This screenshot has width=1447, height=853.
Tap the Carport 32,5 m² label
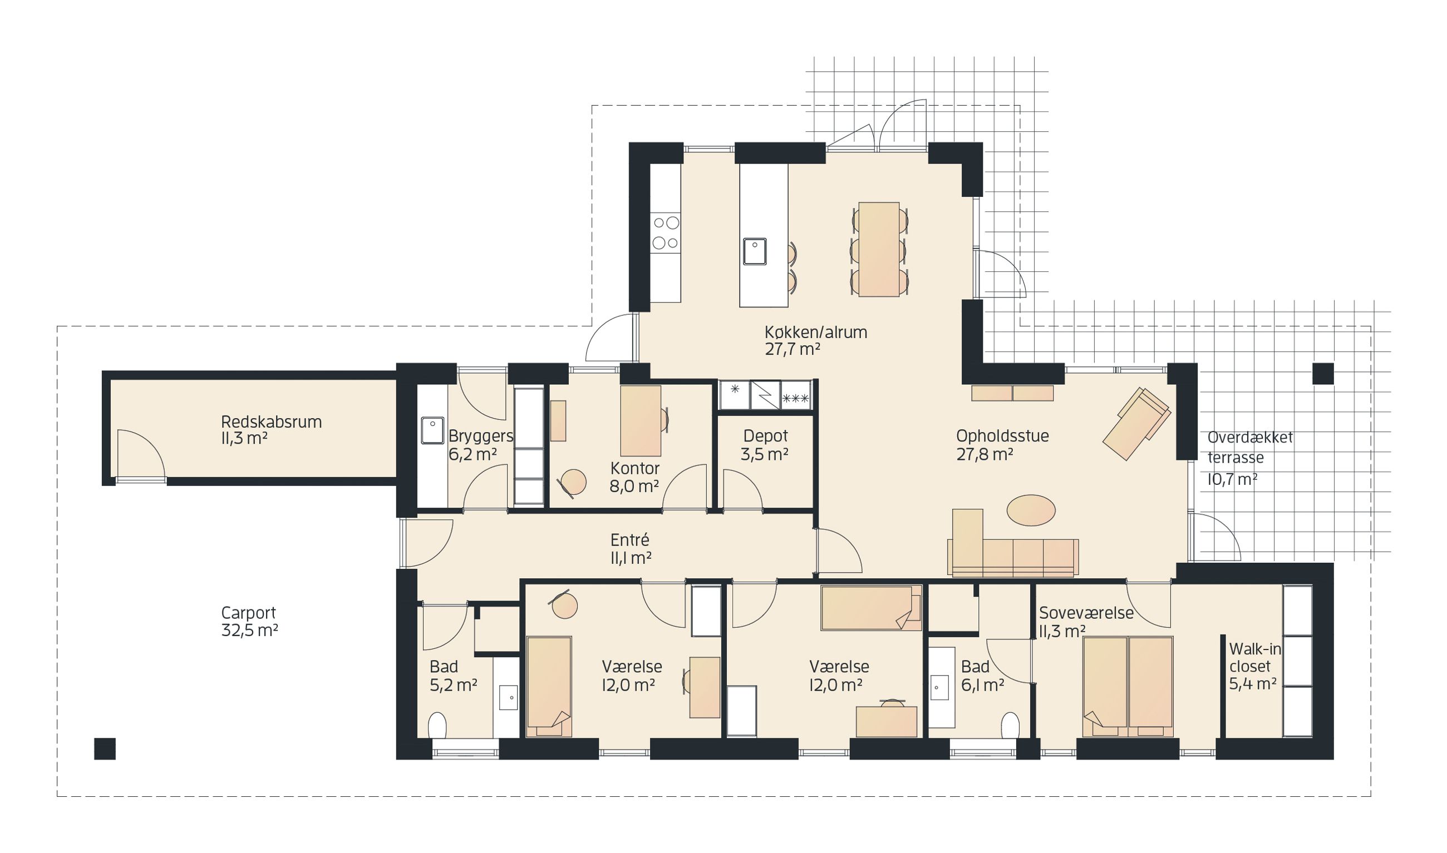click(249, 621)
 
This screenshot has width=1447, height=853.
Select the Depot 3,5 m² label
click(765, 445)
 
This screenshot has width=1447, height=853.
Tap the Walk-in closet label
click(1256, 666)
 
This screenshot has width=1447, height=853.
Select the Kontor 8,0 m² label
click(634, 477)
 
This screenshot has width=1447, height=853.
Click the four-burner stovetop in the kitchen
click(666, 234)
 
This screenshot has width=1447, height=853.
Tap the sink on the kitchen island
click(755, 251)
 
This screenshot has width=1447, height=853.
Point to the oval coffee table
click(1031, 510)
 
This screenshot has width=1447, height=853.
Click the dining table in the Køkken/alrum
click(879, 250)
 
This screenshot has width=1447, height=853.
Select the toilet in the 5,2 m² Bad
click(437, 726)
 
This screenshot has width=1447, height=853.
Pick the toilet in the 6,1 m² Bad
click(1010, 726)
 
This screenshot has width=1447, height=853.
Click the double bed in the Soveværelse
click(1128, 686)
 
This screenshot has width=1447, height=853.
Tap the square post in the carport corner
click(105, 749)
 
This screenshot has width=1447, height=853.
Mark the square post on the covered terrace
click(1323, 374)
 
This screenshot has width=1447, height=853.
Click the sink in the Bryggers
click(432, 430)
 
